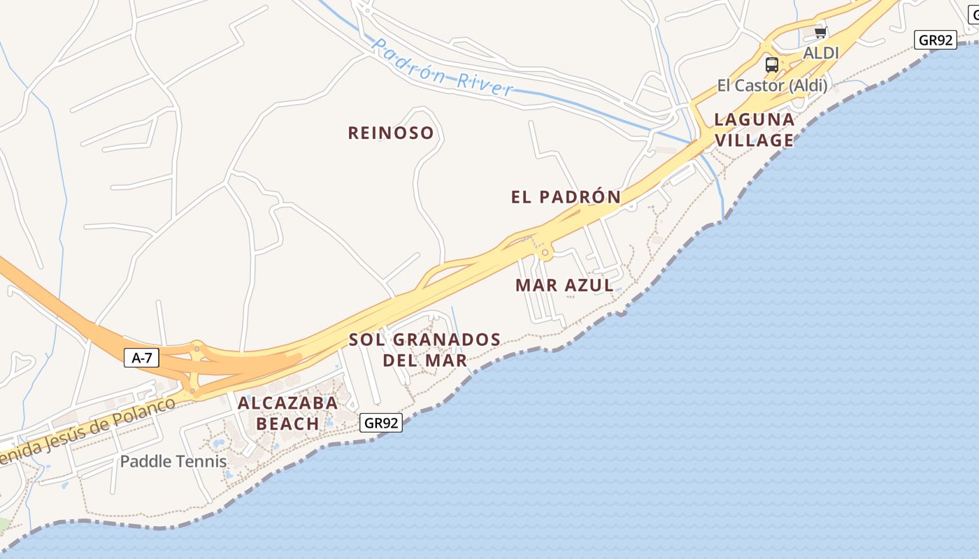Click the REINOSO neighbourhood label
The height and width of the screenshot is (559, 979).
[391, 133]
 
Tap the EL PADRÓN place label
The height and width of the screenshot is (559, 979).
[566, 197]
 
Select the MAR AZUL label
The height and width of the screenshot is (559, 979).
[564, 285]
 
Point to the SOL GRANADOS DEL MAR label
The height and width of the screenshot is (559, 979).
[424, 350]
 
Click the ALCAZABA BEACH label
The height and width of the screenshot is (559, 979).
[287, 413]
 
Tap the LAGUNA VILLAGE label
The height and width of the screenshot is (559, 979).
[754, 130]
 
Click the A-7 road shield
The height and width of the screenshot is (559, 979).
[142, 358]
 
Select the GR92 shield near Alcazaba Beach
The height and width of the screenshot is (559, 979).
[382, 423]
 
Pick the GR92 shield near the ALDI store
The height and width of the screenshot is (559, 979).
[935, 40]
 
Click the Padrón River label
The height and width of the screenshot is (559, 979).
[443, 67]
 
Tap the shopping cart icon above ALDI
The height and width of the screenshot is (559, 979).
[820, 32]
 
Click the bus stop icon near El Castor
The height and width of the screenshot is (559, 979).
[772, 65]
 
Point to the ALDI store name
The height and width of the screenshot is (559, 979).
[820, 53]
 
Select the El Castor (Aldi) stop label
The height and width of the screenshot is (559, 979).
[772, 86]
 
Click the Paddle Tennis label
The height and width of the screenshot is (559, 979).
[173, 461]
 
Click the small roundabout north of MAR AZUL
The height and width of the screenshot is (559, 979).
[545, 253]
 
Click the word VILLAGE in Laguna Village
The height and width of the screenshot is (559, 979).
[754, 140]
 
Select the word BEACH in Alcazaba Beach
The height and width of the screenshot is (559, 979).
[287, 423]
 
